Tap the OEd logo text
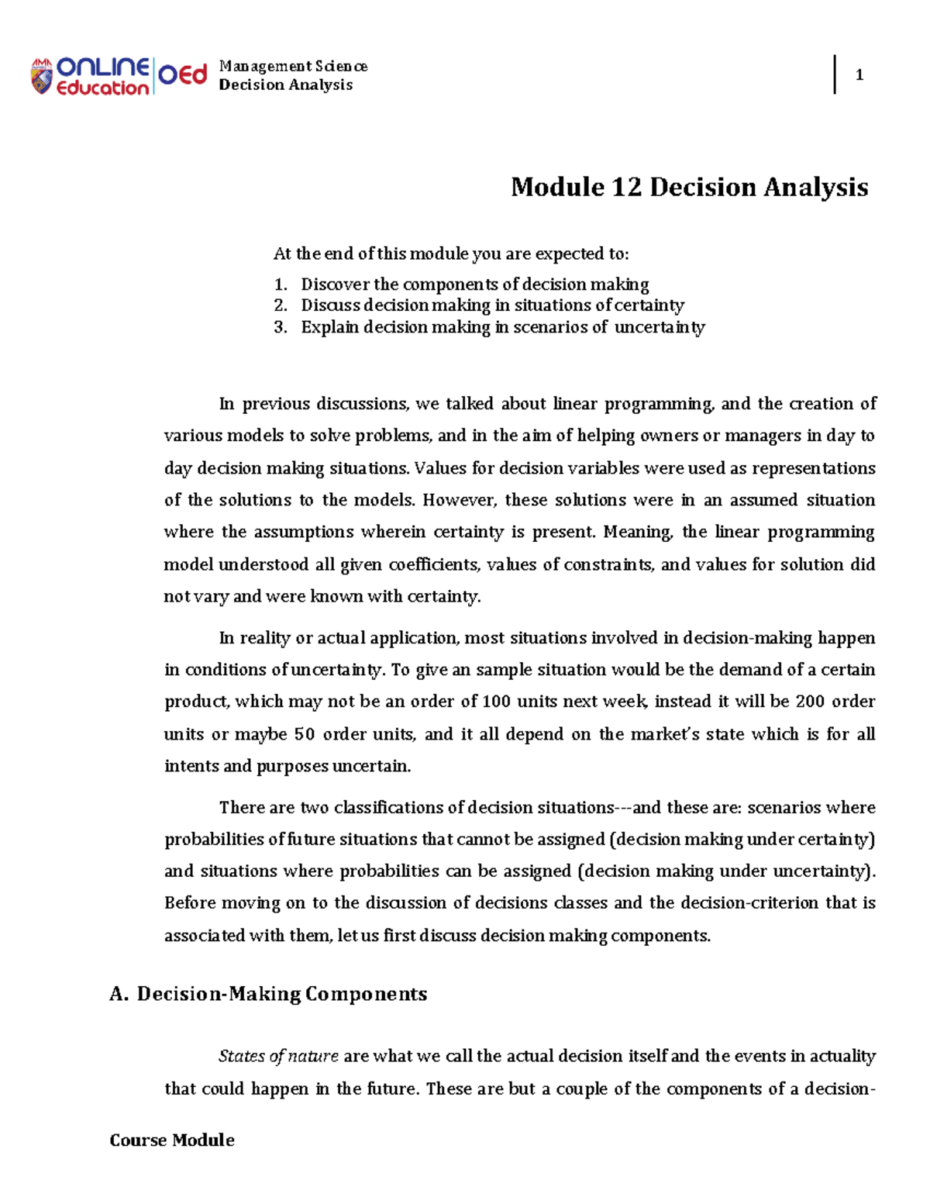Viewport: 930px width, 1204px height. click(183, 75)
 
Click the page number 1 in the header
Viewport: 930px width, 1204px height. click(859, 75)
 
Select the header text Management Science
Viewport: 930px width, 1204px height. click(293, 67)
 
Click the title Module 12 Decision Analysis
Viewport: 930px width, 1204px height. click(689, 187)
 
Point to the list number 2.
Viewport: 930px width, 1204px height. click(281, 305)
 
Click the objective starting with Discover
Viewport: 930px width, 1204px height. click(474, 285)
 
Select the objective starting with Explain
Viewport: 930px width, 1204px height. click(502, 327)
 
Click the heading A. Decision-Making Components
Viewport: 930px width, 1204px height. click(268, 994)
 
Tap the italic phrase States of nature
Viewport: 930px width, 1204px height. click(278, 1056)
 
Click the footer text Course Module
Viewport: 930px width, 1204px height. click(172, 1140)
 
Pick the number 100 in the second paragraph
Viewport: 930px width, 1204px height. click(496, 702)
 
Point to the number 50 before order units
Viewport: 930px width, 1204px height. click(304, 734)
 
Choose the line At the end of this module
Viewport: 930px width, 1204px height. click(451, 254)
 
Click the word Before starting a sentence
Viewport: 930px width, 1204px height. click(190, 903)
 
